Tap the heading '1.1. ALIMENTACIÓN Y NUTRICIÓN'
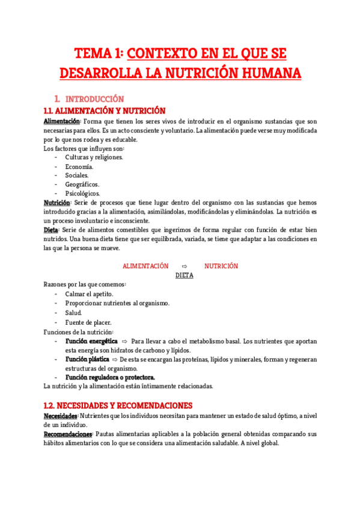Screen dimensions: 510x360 point(104,111)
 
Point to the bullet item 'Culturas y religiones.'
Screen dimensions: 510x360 point(94,157)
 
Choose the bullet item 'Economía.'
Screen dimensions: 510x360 point(79,166)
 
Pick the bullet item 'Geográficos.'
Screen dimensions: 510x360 point(82,184)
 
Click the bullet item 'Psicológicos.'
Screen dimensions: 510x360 point(83,193)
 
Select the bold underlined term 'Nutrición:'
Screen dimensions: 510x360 point(58,203)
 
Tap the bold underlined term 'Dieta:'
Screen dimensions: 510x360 point(52,230)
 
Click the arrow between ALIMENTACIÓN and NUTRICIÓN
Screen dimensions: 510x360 point(185,266)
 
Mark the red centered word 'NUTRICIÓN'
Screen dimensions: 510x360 point(221,266)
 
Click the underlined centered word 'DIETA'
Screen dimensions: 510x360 point(185,275)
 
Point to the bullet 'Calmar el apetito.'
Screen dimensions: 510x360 point(89,293)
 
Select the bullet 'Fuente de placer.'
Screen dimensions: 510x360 point(88,322)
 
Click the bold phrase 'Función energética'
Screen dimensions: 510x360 point(91,341)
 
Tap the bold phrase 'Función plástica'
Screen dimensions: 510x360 point(88,359)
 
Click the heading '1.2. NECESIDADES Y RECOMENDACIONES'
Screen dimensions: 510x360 point(118,405)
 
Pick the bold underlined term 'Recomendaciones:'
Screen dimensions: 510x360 point(68,434)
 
